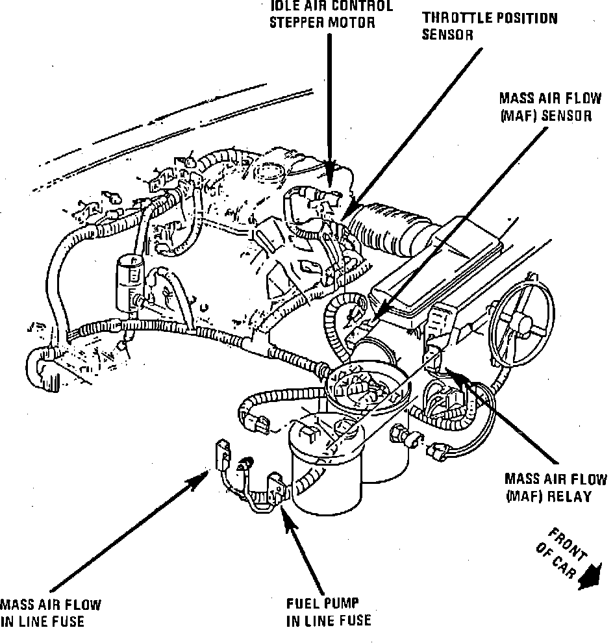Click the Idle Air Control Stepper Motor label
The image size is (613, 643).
331,14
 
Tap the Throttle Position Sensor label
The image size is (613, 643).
490,26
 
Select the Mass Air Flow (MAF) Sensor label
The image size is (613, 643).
550,107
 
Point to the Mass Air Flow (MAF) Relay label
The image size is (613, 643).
556,488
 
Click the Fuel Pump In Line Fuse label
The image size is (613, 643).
329,612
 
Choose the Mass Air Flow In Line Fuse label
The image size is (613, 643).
50,614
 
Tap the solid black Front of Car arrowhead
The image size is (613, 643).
590,577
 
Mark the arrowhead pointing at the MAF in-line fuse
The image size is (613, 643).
199,479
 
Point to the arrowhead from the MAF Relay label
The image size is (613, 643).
456,375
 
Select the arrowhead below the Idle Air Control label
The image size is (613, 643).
330,172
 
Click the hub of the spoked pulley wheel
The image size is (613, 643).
518,319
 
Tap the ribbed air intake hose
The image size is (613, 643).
388,229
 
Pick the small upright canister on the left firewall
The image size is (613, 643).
130,284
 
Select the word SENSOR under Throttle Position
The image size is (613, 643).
447,35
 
